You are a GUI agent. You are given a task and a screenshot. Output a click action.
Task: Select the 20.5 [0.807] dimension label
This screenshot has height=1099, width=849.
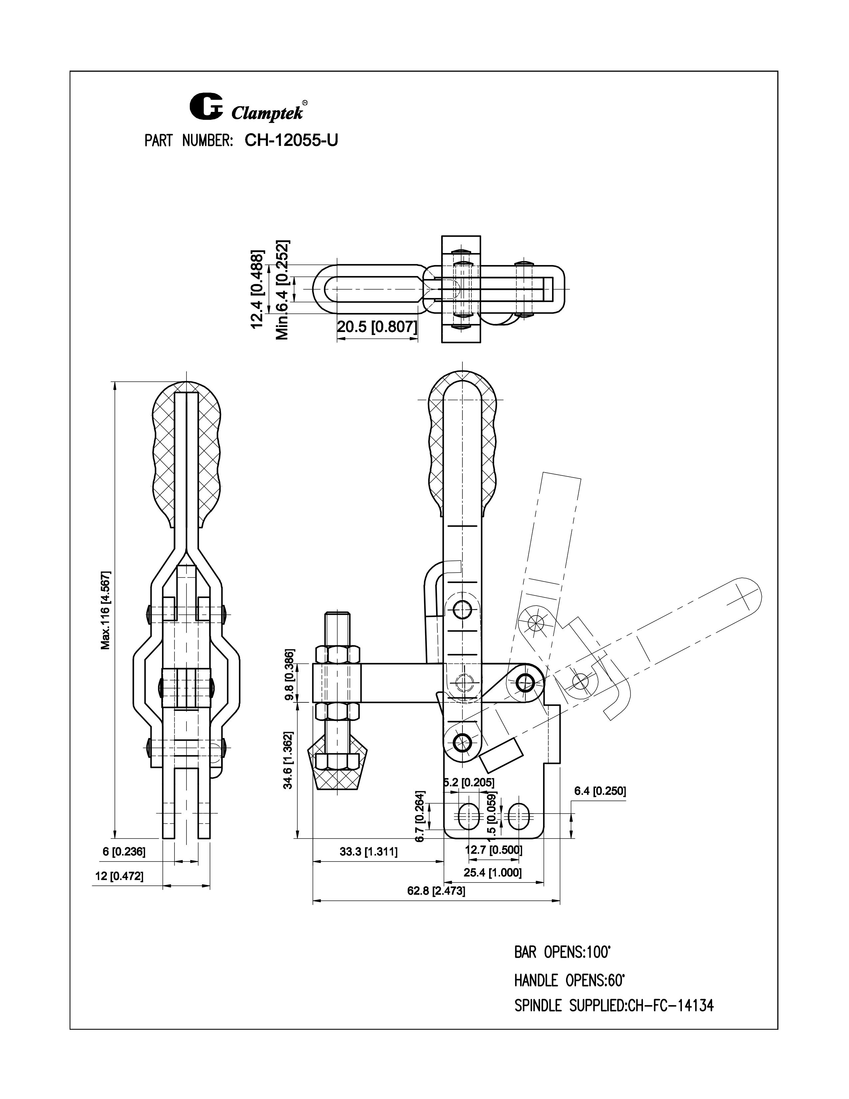click(377, 328)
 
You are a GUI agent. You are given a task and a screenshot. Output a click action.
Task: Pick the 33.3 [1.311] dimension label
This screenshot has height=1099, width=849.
click(369, 852)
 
